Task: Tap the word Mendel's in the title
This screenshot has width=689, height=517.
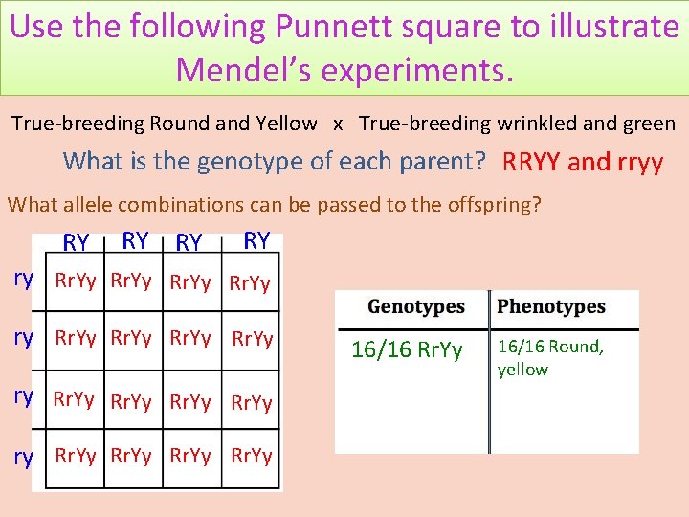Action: (252, 68)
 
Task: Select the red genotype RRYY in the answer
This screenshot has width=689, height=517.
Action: (532, 161)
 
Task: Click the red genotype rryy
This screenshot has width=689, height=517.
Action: (629, 163)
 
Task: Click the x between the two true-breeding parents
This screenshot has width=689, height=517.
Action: (338, 124)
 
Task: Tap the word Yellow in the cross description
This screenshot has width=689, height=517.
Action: (286, 123)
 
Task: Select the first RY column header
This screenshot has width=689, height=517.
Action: (77, 243)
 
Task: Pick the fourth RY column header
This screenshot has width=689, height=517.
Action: (256, 240)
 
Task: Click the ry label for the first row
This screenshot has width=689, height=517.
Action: (24, 280)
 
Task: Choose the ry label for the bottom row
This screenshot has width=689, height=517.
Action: (24, 458)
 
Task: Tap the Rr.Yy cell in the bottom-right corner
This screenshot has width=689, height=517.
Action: (252, 456)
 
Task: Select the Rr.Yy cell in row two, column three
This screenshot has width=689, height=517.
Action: (191, 338)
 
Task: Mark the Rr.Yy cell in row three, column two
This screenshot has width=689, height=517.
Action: (131, 402)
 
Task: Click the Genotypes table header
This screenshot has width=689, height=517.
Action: (416, 307)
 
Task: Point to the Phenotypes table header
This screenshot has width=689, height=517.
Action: (551, 307)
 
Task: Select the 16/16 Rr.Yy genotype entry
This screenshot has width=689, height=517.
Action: (407, 349)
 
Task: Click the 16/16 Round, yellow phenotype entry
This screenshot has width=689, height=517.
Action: (550, 357)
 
